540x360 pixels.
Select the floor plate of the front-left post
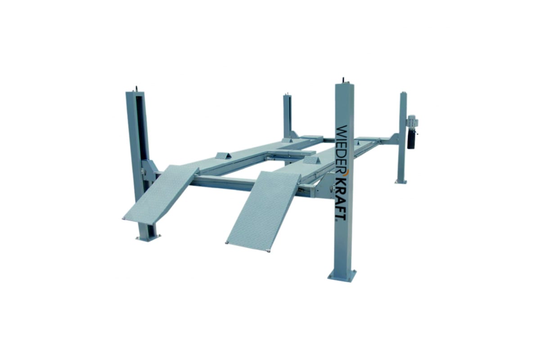148,238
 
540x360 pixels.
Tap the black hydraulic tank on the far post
410,140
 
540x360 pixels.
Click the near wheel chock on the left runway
223,156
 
